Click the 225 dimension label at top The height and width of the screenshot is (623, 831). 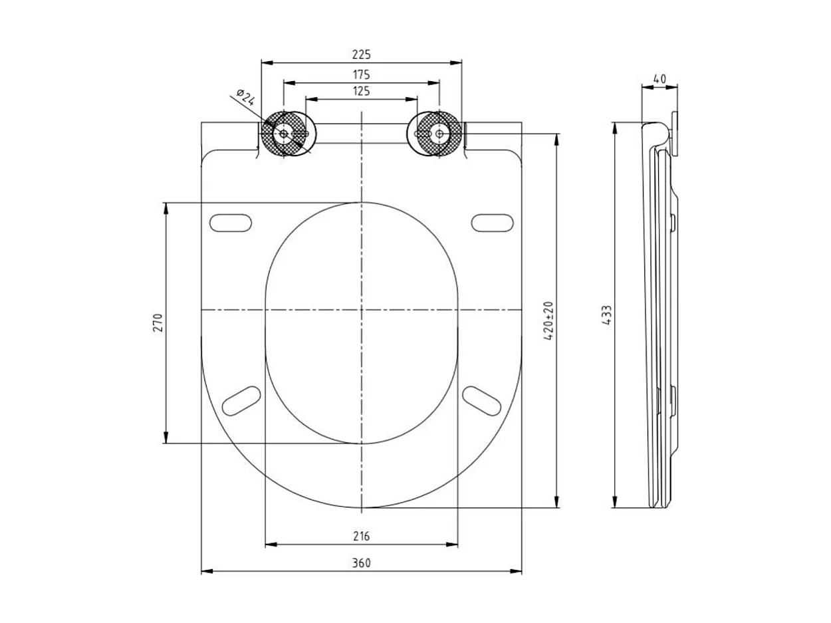tap(361, 55)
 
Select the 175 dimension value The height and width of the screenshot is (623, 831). tap(361, 74)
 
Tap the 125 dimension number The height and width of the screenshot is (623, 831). tap(361, 91)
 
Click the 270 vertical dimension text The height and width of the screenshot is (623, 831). tap(158, 322)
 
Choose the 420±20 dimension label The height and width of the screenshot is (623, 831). tap(548, 321)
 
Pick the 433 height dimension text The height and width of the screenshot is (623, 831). tap(606, 314)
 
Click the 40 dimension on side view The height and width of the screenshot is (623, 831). tap(659, 78)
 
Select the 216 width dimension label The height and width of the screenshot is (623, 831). tap(361, 536)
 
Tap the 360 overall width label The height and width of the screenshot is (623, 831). tap(361, 562)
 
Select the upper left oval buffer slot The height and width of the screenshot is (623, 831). tap(231, 223)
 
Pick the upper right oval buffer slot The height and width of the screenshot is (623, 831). tap(493, 223)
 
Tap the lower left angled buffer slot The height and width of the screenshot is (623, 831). tap(241, 401)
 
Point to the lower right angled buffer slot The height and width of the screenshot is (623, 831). tap(481, 401)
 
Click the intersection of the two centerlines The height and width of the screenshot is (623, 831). tap(361, 310)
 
